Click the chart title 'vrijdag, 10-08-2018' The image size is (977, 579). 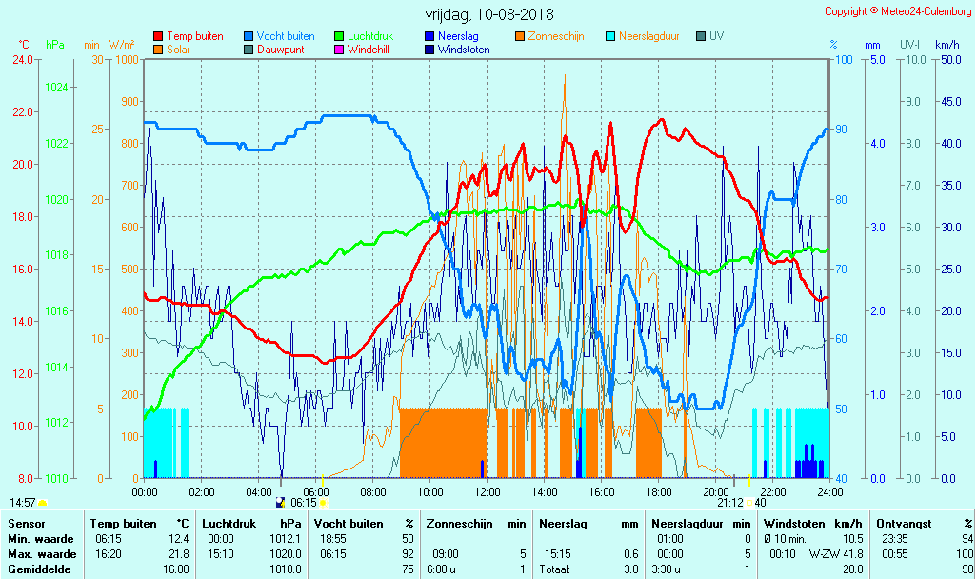tap(489, 15)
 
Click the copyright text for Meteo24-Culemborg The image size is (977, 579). tap(899, 11)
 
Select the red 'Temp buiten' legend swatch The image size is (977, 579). tap(158, 36)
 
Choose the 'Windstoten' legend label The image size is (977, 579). tap(464, 50)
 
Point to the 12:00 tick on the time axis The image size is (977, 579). tap(488, 491)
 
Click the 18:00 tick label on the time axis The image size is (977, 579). tap(659, 491)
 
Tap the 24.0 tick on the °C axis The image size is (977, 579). tap(21, 59)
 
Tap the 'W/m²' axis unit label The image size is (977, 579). tap(121, 45)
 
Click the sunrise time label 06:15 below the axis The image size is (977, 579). tap(303, 503)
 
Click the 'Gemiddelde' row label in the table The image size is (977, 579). tap(39, 569)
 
